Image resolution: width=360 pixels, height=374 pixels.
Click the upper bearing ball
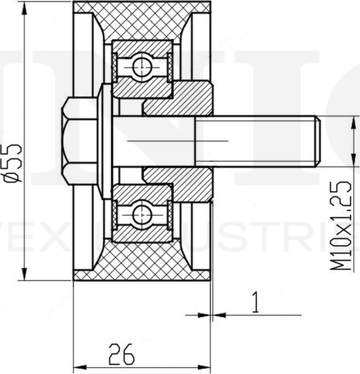pos(142,67)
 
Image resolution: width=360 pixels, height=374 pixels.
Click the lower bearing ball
pos(142,213)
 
